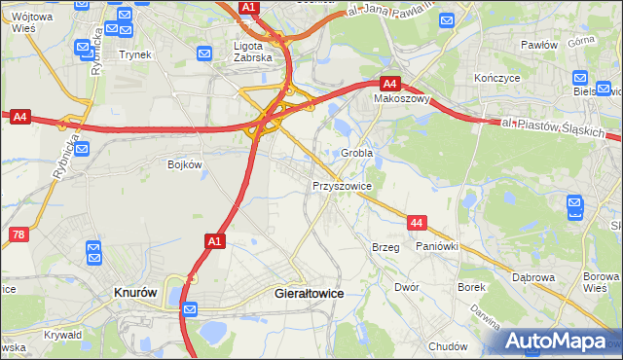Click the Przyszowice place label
(342, 184)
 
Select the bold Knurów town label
(136, 292)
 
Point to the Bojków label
(185, 164)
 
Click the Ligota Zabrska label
(256, 51)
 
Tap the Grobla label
(357, 153)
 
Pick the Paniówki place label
(437, 247)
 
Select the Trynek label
(135, 54)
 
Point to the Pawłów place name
(538, 45)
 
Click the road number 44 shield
(417, 223)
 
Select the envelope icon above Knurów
(94, 254)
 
